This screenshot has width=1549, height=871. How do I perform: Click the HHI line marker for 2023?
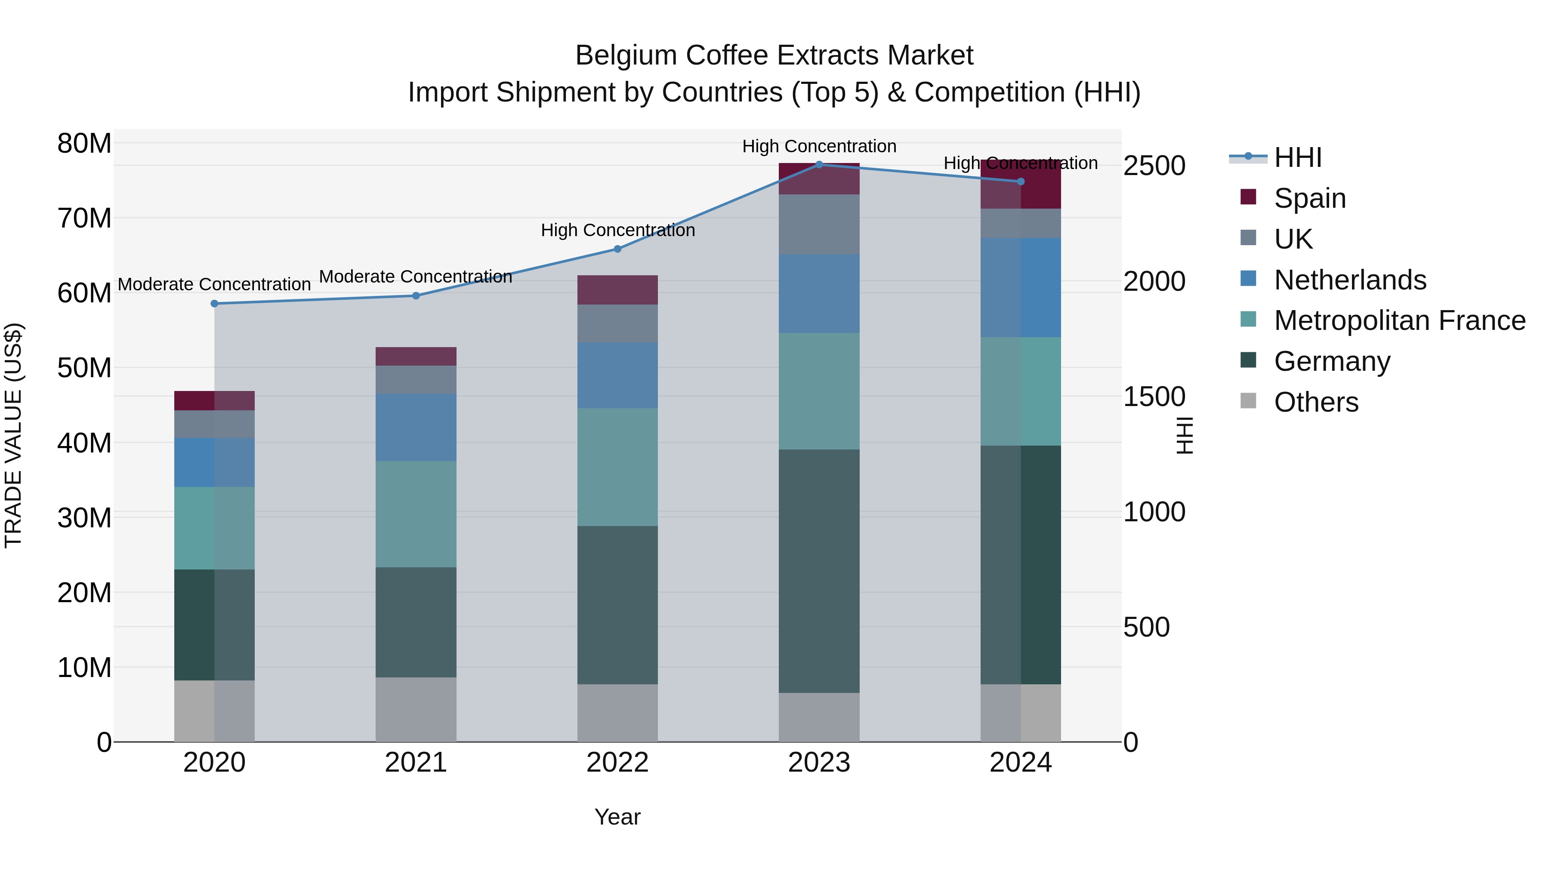818,164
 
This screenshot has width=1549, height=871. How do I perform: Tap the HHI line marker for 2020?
214,304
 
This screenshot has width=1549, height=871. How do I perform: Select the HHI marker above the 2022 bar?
617,249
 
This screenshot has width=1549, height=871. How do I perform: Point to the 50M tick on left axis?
84,368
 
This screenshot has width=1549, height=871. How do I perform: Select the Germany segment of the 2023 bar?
818,571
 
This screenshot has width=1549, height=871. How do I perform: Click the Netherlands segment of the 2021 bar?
416,428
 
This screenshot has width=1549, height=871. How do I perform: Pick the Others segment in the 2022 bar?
617,712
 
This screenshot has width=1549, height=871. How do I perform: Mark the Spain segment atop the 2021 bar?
416,357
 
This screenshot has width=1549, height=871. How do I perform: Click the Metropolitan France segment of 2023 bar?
818,391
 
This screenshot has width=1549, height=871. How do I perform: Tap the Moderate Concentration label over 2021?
416,277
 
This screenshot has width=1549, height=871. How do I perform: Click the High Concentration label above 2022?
617,230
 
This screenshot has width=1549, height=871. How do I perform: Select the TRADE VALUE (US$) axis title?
13,435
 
